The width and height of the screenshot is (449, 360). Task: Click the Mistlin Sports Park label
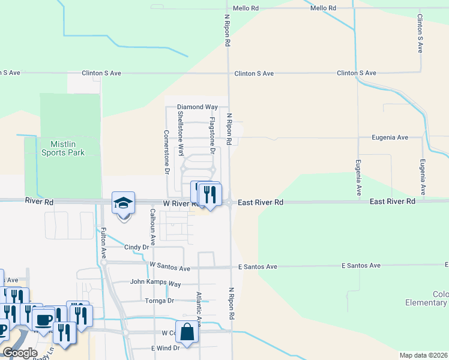coord(63,148)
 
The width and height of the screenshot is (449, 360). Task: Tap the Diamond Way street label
coord(197,107)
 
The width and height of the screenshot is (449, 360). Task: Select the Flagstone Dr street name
coord(212,135)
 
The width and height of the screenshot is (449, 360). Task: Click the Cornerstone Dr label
coord(167,152)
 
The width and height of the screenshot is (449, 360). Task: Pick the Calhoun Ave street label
coord(152,226)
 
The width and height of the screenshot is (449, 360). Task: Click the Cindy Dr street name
coord(136,247)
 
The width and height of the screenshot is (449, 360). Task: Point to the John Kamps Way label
coord(155,283)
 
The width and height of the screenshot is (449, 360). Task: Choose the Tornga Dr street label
coord(159,301)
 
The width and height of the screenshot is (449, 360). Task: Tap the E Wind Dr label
coord(165,348)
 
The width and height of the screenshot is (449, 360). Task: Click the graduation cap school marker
coord(123,203)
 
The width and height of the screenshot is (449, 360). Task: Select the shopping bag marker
coord(188,332)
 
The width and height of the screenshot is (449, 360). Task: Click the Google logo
coord(20,352)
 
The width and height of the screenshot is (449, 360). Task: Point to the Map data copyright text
coord(424,355)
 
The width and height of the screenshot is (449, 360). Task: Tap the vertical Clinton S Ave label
coord(420,34)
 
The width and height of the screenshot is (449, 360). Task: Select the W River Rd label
coord(179,203)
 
